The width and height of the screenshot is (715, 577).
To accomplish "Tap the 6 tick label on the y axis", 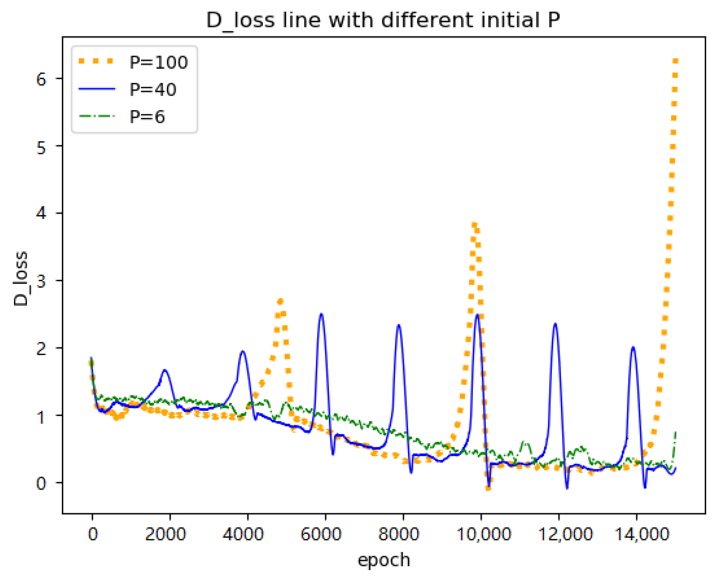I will point(41,79).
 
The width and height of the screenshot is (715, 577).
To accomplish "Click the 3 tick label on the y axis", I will point(41,281).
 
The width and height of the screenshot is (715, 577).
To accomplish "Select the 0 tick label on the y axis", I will point(41,483).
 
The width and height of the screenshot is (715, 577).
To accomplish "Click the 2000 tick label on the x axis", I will point(165,534).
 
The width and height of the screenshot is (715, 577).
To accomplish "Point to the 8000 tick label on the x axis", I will point(398,534).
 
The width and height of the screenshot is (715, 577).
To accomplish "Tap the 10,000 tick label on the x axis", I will point(483,534).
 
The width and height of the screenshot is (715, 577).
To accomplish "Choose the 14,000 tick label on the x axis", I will point(641,534).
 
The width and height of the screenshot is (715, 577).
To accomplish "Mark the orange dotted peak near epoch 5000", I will point(280,301).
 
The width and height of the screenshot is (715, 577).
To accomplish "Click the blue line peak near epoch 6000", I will point(321,314).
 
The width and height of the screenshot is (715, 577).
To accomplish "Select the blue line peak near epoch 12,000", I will point(555,324).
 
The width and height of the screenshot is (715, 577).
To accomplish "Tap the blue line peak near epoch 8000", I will point(398,325).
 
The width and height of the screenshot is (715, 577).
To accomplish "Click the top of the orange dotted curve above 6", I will point(675,61).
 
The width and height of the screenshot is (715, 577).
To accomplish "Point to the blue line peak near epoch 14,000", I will point(633,347).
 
